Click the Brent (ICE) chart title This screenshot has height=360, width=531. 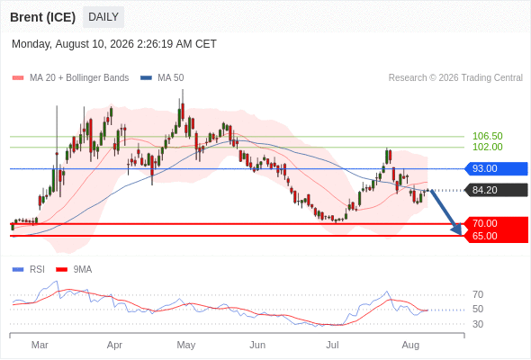tap(42, 17)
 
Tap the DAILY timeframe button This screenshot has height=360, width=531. tap(103, 17)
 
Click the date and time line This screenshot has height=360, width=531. tap(114, 44)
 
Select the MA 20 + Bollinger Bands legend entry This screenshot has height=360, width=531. tap(70, 78)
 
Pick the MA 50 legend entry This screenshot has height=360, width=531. tap(162, 78)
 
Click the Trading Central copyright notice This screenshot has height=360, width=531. tap(455, 78)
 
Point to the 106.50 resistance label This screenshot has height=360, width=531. tap(487, 136)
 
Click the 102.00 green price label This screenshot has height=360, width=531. tap(487, 147)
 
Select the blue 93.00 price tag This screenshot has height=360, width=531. tap(496, 168)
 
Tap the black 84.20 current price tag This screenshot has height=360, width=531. tap(496, 190)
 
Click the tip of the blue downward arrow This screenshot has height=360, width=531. tap(461, 235)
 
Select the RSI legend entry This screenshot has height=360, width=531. tap(29, 270)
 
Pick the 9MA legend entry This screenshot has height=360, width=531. tap(74, 270)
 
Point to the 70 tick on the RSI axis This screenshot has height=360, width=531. tap(478, 294)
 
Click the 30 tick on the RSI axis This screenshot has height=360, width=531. tap(478, 324)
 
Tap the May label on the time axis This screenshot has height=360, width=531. tap(186, 345)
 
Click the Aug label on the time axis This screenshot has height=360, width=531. tap(410, 345)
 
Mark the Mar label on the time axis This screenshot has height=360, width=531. tap(40, 345)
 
